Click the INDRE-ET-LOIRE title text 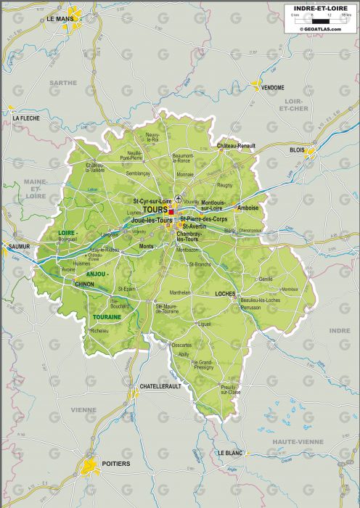(319, 9)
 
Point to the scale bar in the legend (319, 21)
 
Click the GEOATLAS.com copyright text (319, 29)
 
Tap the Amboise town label (247, 208)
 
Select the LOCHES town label (227, 293)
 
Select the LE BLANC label (230, 452)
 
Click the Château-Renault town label (236, 146)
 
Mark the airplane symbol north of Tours (179, 198)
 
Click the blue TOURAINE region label (107, 317)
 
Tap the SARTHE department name (63, 83)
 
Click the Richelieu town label (99, 330)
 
